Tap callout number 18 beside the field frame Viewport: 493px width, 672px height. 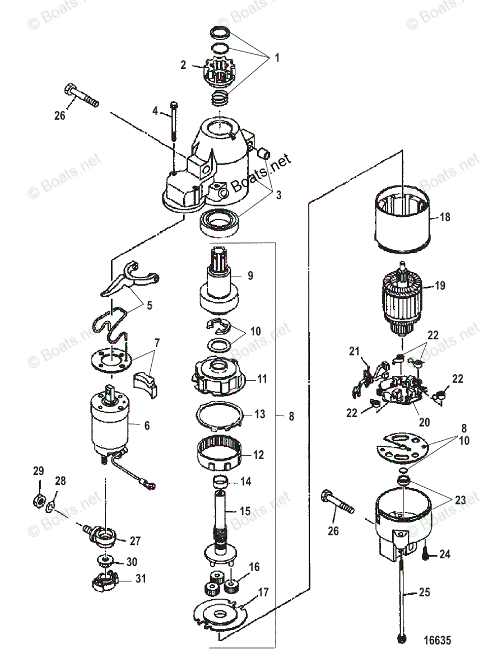(x=445, y=217)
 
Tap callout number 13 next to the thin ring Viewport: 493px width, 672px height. (x=260, y=414)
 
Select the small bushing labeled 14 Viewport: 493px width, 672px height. (x=221, y=482)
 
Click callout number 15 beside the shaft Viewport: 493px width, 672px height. (x=245, y=511)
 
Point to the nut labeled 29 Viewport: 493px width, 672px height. (x=39, y=500)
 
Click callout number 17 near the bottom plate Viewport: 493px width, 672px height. (x=263, y=592)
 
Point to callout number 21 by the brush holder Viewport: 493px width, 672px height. (x=355, y=351)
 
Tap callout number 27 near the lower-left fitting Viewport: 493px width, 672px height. (x=135, y=540)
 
